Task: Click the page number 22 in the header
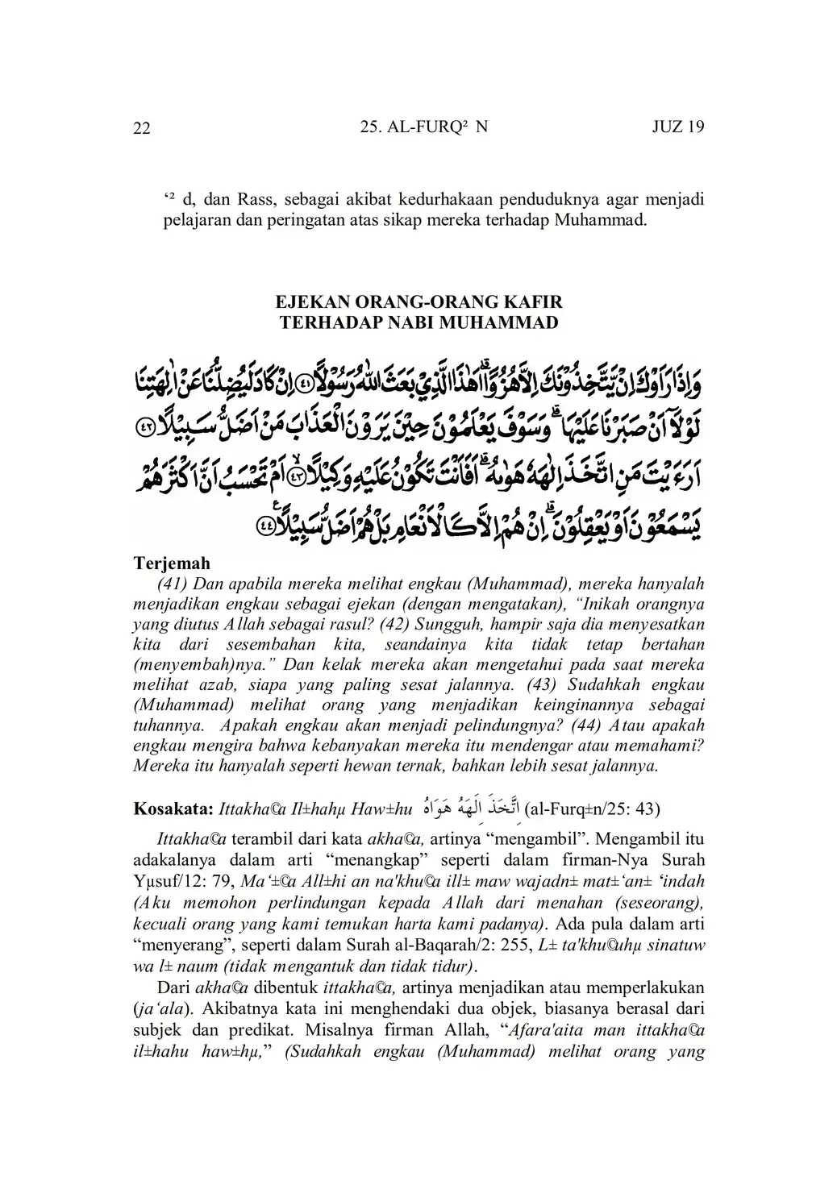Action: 141,128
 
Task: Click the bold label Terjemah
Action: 171,563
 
